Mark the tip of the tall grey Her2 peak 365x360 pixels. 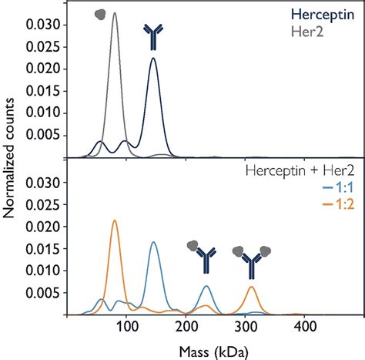[x=115, y=12]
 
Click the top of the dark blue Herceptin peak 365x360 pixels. [x=153, y=58]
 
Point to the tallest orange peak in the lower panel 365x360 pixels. [x=115, y=220]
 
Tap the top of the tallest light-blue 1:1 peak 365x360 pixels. [x=154, y=242]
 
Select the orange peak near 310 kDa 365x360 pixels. [x=252, y=287]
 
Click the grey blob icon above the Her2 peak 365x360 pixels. [x=101, y=13]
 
